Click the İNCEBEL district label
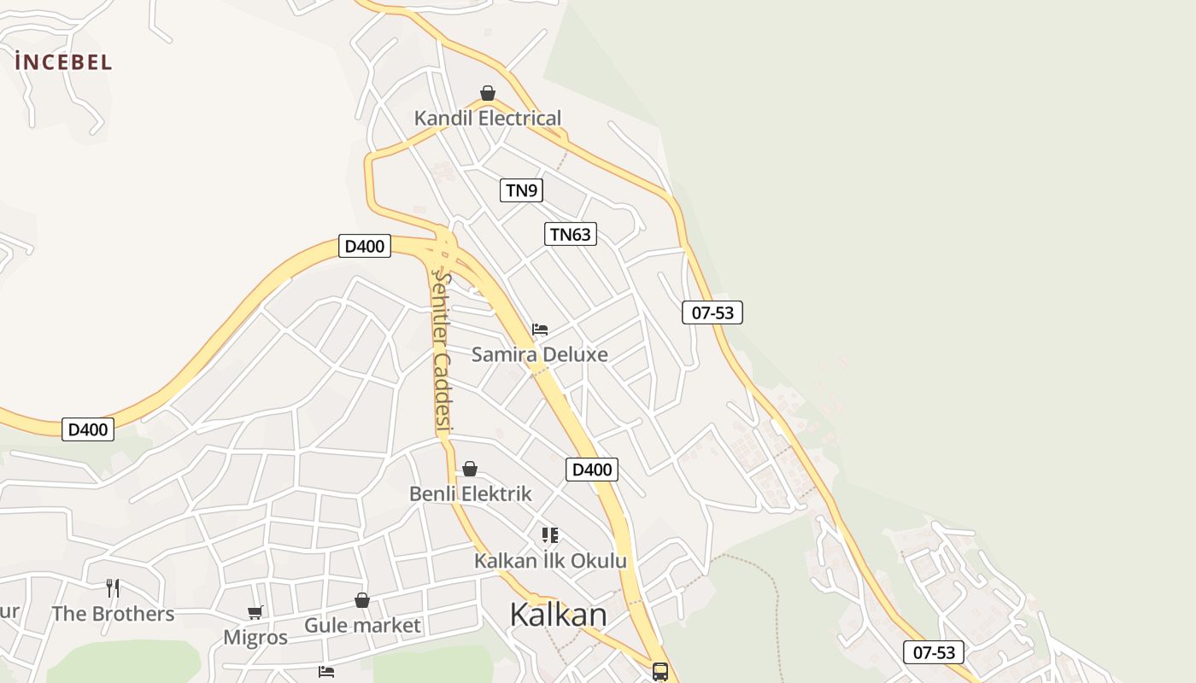pyautogui.click(x=63, y=61)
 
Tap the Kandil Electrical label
pyautogui.click(x=488, y=118)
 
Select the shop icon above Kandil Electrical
pyautogui.click(x=488, y=93)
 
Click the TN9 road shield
pyautogui.click(x=521, y=190)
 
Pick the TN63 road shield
pyautogui.click(x=571, y=234)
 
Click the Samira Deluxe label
pyautogui.click(x=540, y=354)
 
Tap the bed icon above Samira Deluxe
pyautogui.click(x=540, y=330)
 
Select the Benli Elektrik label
pyautogui.click(x=471, y=493)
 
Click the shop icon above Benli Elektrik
pyautogui.click(x=470, y=469)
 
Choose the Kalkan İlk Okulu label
pyautogui.click(x=550, y=561)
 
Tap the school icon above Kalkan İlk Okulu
pyautogui.click(x=550, y=535)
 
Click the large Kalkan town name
pyautogui.click(x=558, y=615)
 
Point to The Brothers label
pyautogui.click(x=113, y=614)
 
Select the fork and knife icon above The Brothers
pyautogui.click(x=113, y=587)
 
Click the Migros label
pyautogui.click(x=255, y=638)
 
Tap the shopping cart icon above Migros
pyautogui.click(x=255, y=612)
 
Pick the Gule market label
pyautogui.click(x=362, y=626)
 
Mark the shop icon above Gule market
pyautogui.click(x=362, y=600)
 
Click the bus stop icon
pyautogui.click(x=660, y=671)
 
